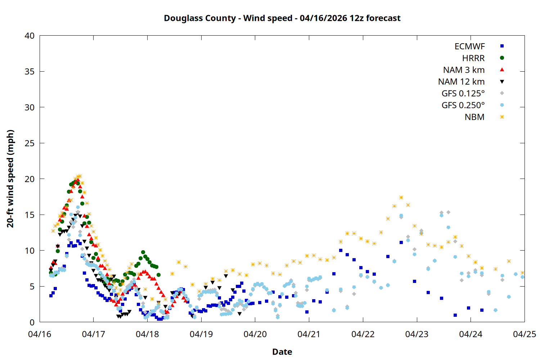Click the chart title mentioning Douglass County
click(x=282, y=18)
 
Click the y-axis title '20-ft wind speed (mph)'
click(x=10, y=179)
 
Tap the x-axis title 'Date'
click(x=282, y=352)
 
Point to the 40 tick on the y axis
click(x=30, y=36)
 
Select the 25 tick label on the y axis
click(x=30, y=143)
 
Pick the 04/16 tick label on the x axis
click(x=40, y=334)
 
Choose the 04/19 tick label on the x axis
click(x=201, y=334)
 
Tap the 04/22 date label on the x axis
click(x=363, y=334)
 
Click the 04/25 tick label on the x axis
click(x=524, y=334)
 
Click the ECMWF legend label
click(x=469, y=46)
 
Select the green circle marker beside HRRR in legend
click(x=502, y=58)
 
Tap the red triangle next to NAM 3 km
click(x=502, y=70)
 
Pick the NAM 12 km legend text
click(x=461, y=82)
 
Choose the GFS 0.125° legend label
click(x=463, y=94)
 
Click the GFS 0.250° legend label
click(x=463, y=105)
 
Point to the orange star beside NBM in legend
click(x=502, y=117)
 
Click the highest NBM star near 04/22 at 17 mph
click(x=401, y=197)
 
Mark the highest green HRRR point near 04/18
click(x=143, y=252)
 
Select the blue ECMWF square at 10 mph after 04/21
click(x=341, y=250)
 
